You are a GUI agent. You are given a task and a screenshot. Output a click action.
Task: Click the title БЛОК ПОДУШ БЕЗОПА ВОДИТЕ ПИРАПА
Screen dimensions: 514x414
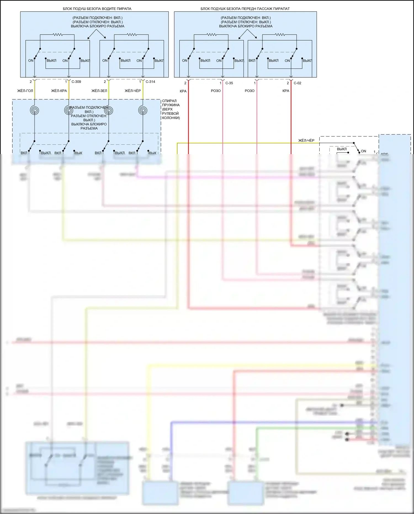coord(97,9)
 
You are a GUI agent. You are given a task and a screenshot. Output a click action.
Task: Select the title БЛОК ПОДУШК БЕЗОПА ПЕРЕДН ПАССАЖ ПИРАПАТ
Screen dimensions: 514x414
coord(245,9)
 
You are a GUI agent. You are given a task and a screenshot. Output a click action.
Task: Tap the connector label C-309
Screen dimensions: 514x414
coord(76,82)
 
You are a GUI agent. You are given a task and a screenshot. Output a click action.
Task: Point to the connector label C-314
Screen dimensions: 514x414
coord(150,82)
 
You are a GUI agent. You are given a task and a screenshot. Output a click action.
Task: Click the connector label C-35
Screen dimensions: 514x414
coord(229,83)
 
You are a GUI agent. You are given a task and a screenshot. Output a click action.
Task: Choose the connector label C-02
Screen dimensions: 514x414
coord(297,83)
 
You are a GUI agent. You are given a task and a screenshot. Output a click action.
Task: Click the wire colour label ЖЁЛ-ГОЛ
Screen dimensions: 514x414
coord(25,91)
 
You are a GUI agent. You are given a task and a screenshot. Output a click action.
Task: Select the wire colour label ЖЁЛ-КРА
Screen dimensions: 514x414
coord(59,91)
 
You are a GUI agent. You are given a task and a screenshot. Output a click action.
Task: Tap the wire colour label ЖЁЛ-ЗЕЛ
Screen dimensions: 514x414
coord(99,91)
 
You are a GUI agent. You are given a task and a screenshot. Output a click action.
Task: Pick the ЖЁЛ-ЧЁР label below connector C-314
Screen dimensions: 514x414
coord(133,91)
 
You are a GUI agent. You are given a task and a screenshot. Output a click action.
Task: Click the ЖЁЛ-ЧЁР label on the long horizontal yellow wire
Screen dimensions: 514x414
coord(306,141)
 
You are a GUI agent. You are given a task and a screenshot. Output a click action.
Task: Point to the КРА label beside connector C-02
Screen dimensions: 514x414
coord(286,91)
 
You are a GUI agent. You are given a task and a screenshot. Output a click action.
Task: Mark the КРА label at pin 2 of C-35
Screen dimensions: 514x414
coord(183,91)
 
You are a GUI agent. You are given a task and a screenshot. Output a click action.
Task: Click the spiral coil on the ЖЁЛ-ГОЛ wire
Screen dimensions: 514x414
coord(34,110)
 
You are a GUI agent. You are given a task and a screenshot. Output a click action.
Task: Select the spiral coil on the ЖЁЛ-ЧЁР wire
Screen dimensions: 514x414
coord(143,110)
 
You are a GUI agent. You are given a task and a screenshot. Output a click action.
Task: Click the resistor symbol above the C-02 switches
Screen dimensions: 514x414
coord(280,35)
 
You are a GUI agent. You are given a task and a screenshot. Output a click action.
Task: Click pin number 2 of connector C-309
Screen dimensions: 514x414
coord(31,82)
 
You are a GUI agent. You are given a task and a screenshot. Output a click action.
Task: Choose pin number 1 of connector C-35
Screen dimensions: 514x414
coord(221,83)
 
